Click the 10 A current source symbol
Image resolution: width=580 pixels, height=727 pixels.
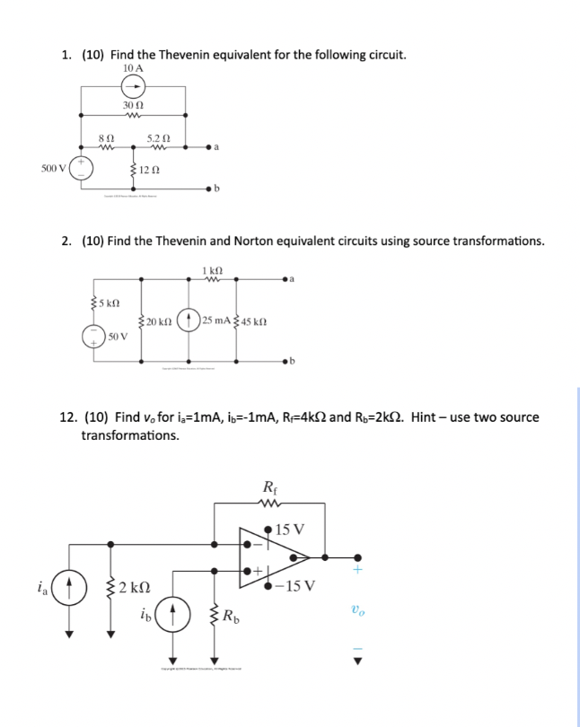pyautogui.click(x=133, y=87)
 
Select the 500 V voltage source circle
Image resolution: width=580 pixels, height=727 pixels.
pyautogui.click(x=82, y=168)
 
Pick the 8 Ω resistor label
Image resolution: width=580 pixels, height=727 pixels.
pyautogui.click(x=104, y=138)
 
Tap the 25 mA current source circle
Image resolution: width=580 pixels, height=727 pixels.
pyautogui.click(x=189, y=320)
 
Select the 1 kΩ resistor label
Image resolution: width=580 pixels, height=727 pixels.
pyautogui.click(x=213, y=269)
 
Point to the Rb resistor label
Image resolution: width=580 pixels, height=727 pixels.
pyautogui.click(x=234, y=617)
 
